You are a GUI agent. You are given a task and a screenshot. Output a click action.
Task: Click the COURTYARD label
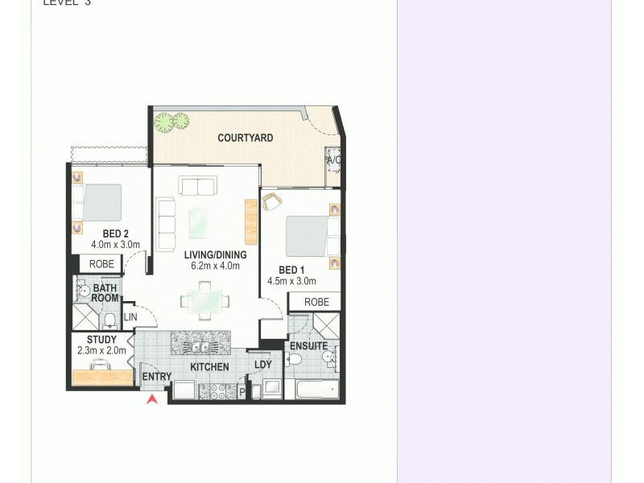[x=246, y=138]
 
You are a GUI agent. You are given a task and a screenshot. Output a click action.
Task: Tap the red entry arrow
[x=151, y=398]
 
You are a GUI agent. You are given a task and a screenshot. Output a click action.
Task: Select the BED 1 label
[x=291, y=270]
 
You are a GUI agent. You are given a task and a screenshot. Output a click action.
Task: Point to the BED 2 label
[x=105, y=233]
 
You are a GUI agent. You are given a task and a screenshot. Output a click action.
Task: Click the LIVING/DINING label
[x=215, y=255]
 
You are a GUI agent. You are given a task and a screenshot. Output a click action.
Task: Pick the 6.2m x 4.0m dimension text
[x=215, y=266]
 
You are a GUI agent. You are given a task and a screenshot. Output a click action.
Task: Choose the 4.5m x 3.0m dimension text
[x=291, y=282]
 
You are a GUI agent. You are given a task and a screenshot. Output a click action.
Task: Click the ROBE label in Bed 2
[x=101, y=263]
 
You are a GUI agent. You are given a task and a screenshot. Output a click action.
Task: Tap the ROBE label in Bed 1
[x=316, y=302]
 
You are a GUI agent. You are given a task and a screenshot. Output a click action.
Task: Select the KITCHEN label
[x=209, y=367]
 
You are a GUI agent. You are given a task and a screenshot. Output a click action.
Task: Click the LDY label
[x=263, y=365]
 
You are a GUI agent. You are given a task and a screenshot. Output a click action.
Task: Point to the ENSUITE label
[x=308, y=346]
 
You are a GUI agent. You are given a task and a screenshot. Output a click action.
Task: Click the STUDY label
[x=102, y=340]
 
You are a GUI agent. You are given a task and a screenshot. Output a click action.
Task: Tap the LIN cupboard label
[x=130, y=317]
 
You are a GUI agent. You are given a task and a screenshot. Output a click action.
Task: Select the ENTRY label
[x=156, y=377]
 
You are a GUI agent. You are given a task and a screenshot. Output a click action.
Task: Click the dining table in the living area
[x=205, y=301]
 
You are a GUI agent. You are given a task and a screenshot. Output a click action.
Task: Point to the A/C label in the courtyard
[x=333, y=160]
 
